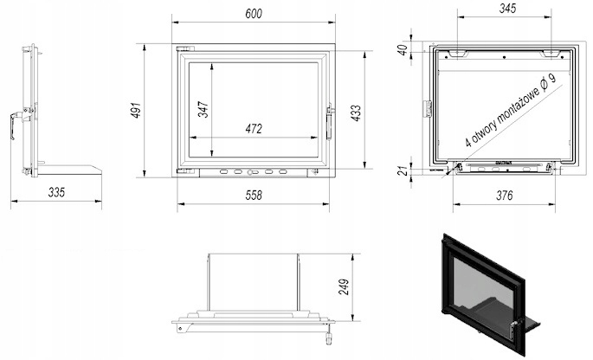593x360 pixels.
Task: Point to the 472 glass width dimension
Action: (x=253, y=129)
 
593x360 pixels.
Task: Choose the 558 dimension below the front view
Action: (x=253, y=196)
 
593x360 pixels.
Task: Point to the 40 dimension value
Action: (x=401, y=49)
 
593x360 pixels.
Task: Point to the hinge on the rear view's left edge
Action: (x=426, y=109)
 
